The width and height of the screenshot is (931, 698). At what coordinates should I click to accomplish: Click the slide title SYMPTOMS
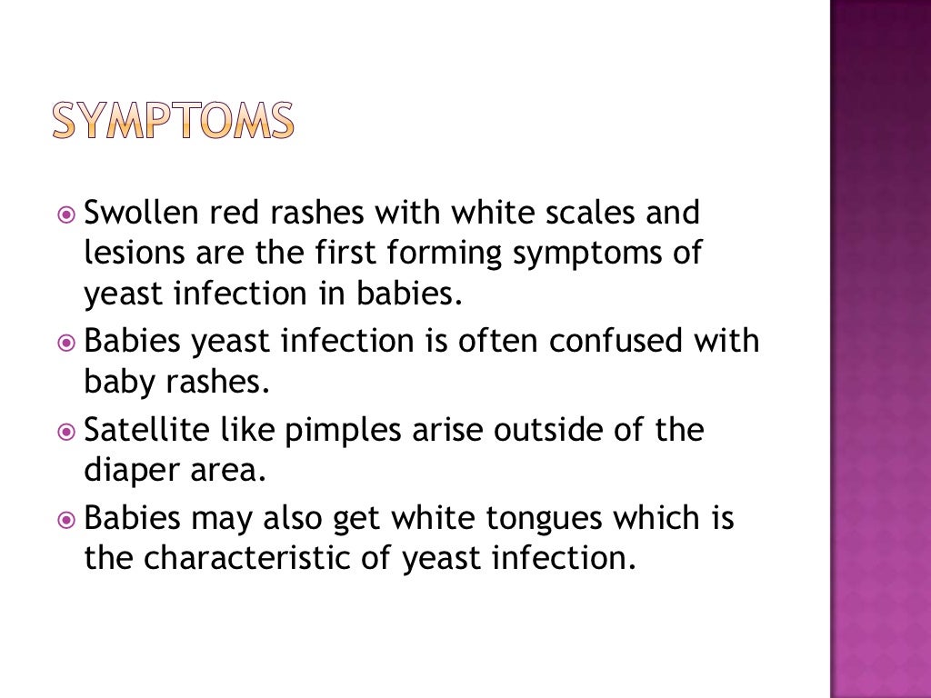click(x=173, y=121)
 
